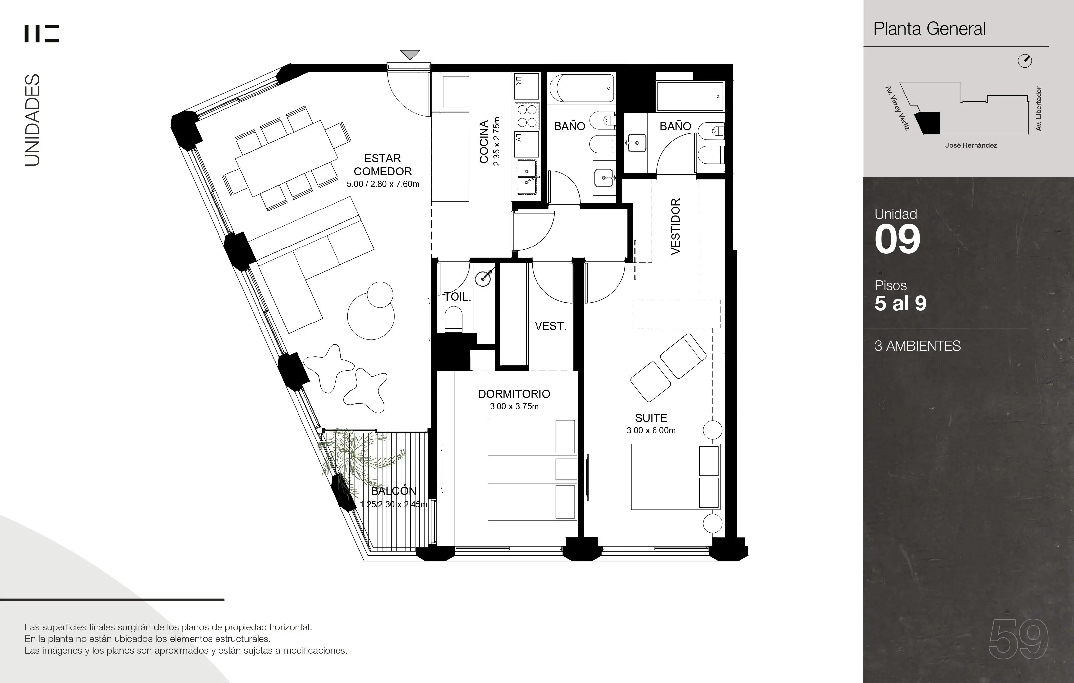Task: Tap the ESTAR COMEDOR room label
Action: click(383, 165)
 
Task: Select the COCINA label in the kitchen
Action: click(484, 142)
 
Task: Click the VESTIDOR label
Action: click(676, 226)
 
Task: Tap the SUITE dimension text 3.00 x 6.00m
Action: click(651, 430)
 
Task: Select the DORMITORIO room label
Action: click(514, 394)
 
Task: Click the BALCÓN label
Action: click(394, 491)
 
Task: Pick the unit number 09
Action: click(897, 240)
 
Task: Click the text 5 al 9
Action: click(900, 303)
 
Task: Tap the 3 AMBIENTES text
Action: click(917, 346)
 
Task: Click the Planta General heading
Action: click(930, 28)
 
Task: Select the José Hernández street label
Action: click(971, 145)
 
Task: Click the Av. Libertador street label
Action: click(1038, 109)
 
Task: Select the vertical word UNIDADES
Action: click(32, 120)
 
